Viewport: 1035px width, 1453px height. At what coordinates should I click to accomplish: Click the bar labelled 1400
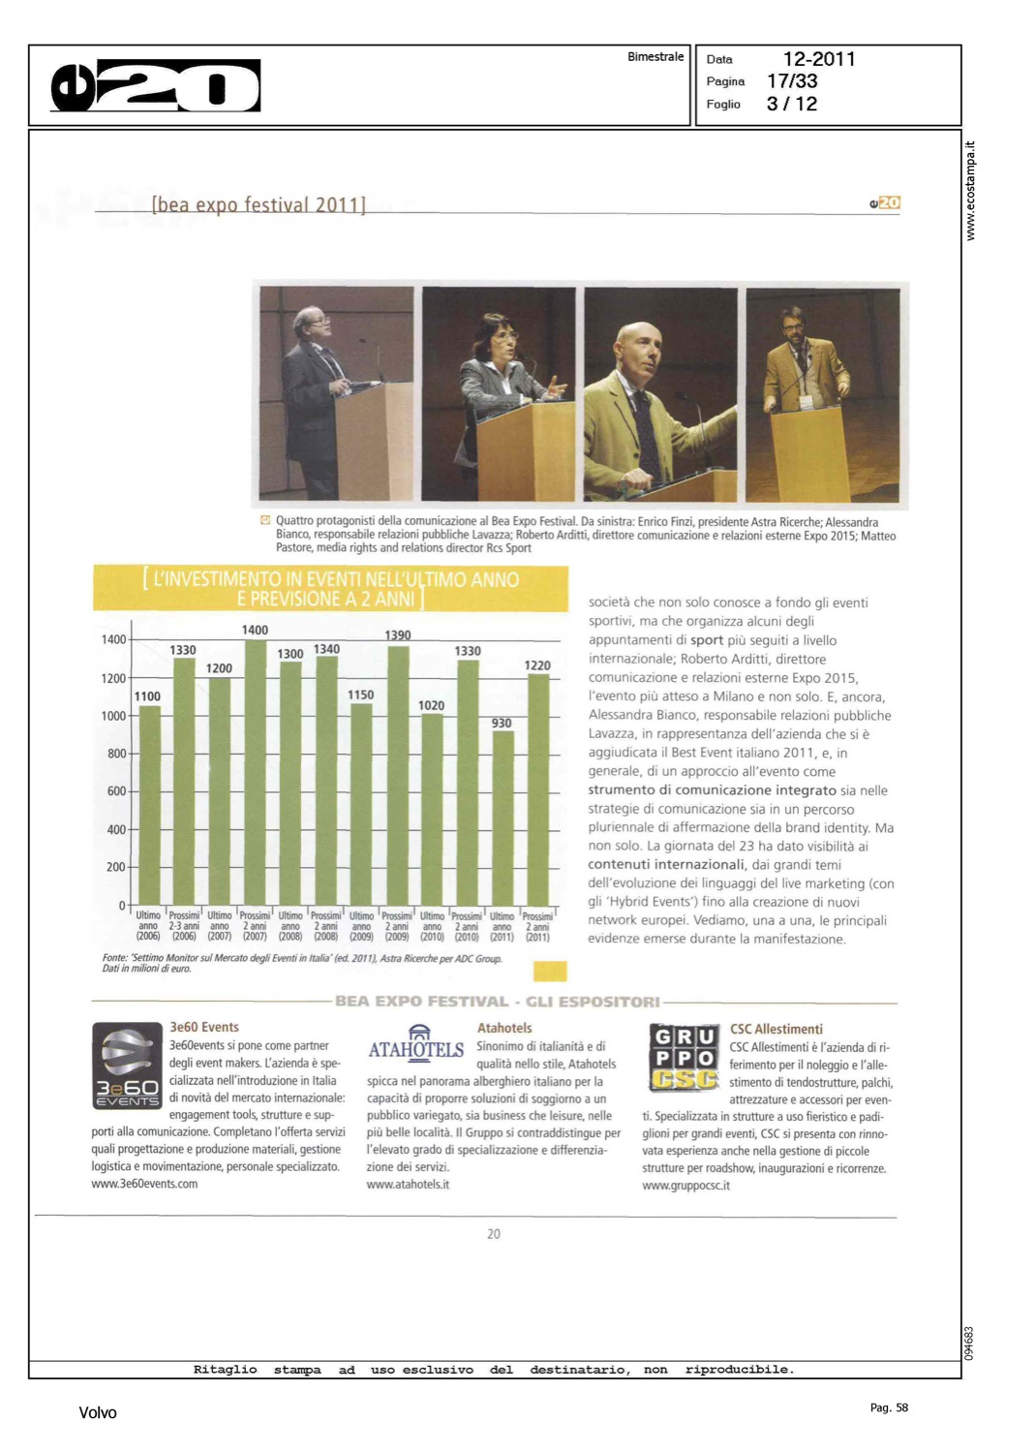256,771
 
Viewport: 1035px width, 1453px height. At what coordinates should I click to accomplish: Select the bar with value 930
502,817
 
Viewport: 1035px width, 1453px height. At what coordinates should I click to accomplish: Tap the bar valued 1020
432,808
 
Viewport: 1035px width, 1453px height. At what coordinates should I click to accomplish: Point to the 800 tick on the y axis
116,754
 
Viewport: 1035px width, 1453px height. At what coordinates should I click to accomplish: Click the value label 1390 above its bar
398,635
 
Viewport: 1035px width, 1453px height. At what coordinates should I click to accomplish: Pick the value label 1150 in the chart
360,695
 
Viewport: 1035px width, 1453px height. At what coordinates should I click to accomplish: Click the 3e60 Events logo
127,1066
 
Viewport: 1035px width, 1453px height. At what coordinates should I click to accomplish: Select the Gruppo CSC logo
685,1057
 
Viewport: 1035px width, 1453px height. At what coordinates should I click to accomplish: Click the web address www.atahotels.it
408,1184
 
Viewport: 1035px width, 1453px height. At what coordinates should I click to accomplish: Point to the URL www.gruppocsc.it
685,1185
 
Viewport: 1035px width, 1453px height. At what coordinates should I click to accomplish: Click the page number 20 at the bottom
494,1233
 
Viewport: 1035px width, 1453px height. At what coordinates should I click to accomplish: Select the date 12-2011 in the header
819,59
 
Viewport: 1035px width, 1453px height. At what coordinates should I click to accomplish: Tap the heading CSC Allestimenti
776,1029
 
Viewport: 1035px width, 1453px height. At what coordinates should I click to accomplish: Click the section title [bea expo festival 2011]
259,204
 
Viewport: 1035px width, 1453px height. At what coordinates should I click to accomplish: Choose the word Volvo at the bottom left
98,1412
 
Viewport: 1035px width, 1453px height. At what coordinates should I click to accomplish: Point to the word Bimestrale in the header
655,57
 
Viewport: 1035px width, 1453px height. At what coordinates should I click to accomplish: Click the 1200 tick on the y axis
113,678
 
